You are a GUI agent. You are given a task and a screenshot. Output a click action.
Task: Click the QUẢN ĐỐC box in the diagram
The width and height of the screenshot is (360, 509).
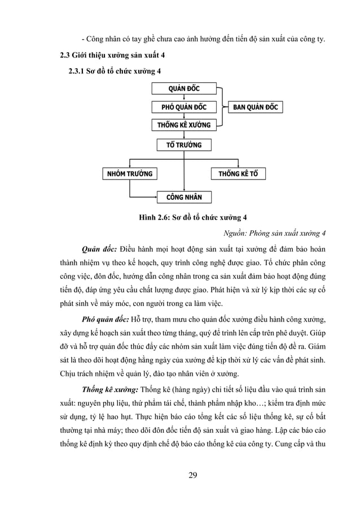tap(184, 88)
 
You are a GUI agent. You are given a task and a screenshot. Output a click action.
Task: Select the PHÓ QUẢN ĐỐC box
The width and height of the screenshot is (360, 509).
tap(184, 107)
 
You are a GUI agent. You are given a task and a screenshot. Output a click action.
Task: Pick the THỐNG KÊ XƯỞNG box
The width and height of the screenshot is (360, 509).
tap(184, 125)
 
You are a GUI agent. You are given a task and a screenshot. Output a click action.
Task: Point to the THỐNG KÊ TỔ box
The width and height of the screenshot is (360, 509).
tap(238, 173)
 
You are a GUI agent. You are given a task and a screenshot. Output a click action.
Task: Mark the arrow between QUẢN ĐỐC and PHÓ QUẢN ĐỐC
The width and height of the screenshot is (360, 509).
tap(184, 98)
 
